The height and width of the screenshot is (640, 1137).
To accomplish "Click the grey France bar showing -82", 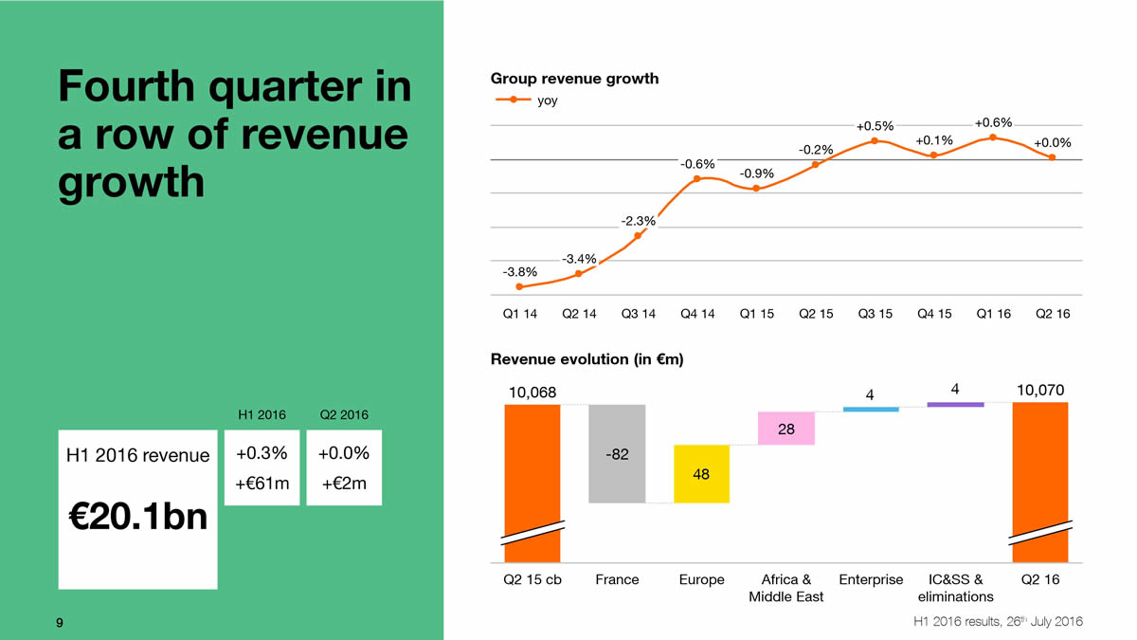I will pyautogui.click(x=617, y=453).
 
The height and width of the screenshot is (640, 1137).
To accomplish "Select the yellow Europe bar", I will pyautogui.click(x=702, y=473).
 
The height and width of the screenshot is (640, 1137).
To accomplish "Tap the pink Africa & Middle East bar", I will pyautogui.click(x=786, y=429).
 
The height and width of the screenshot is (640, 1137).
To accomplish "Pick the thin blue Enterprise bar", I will pyautogui.click(x=871, y=409).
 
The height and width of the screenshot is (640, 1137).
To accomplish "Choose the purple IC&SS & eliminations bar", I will pyautogui.click(x=955, y=405).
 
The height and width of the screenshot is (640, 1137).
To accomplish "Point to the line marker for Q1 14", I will pyautogui.click(x=519, y=286).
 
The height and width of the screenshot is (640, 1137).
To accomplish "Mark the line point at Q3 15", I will pyautogui.click(x=875, y=141).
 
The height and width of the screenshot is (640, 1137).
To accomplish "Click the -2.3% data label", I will pyautogui.click(x=638, y=221).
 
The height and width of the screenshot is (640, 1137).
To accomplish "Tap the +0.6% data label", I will pyautogui.click(x=993, y=122).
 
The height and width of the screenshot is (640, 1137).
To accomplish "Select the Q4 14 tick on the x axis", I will pyautogui.click(x=697, y=314).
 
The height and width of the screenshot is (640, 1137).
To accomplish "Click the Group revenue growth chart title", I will pyautogui.click(x=574, y=79).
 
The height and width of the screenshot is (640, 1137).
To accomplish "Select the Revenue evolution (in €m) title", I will pyautogui.click(x=587, y=359).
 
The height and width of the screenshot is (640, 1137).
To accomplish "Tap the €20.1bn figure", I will pyautogui.click(x=138, y=518).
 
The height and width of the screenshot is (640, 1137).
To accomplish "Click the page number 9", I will pyautogui.click(x=60, y=622).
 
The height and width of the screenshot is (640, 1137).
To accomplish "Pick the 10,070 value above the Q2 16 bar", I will pyautogui.click(x=1039, y=391).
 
